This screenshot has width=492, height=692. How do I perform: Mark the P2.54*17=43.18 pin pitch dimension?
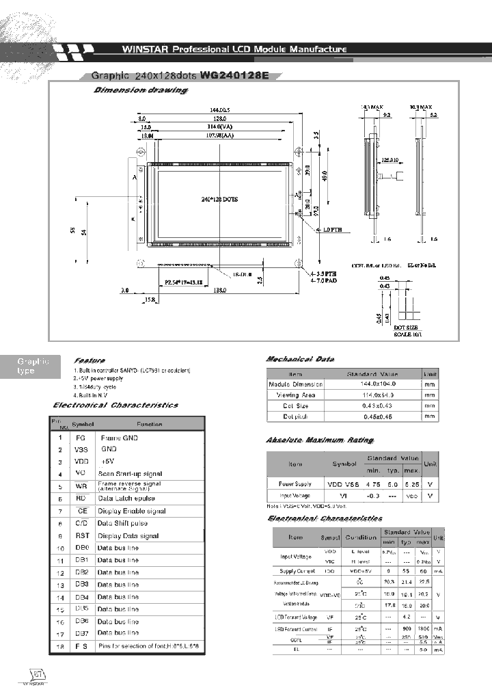[x=182, y=281]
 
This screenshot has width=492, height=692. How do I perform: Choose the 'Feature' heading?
[x=90, y=360]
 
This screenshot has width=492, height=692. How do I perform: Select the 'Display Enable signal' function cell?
[x=131, y=511]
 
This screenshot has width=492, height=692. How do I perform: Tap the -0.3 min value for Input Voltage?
[x=373, y=495]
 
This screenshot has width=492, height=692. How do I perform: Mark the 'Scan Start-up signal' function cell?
[x=130, y=474]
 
